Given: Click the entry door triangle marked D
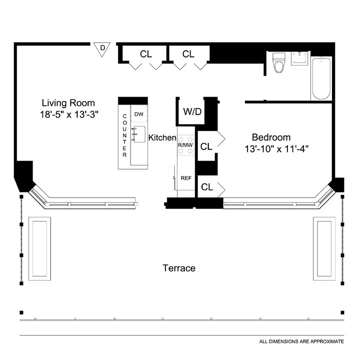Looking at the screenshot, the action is (102, 49).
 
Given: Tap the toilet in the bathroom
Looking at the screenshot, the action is (278, 62).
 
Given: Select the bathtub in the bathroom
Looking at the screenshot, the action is (321, 78).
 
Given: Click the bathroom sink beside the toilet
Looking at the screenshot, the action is (299, 58).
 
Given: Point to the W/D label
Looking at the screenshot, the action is (192, 112).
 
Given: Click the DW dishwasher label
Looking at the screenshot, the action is (138, 114).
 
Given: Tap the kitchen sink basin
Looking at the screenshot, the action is (139, 134).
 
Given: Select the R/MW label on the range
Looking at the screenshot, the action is (185, 145).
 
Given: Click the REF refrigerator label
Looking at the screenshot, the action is (186, 178).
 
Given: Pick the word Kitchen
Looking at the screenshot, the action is (162, 137).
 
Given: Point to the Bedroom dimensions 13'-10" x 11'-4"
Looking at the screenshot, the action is (276, 149).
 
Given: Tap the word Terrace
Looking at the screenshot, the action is (179, 268).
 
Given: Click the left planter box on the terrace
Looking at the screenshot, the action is (39, 248).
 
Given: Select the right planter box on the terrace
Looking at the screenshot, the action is (324, 248).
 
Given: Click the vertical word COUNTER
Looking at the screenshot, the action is (124, 135).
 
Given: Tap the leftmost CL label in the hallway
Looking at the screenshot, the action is (146, 54).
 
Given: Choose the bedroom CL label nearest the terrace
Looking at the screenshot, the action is (207, 187).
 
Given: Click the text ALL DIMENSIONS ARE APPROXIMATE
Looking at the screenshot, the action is (301, 341).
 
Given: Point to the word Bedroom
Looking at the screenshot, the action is (271, 137).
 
